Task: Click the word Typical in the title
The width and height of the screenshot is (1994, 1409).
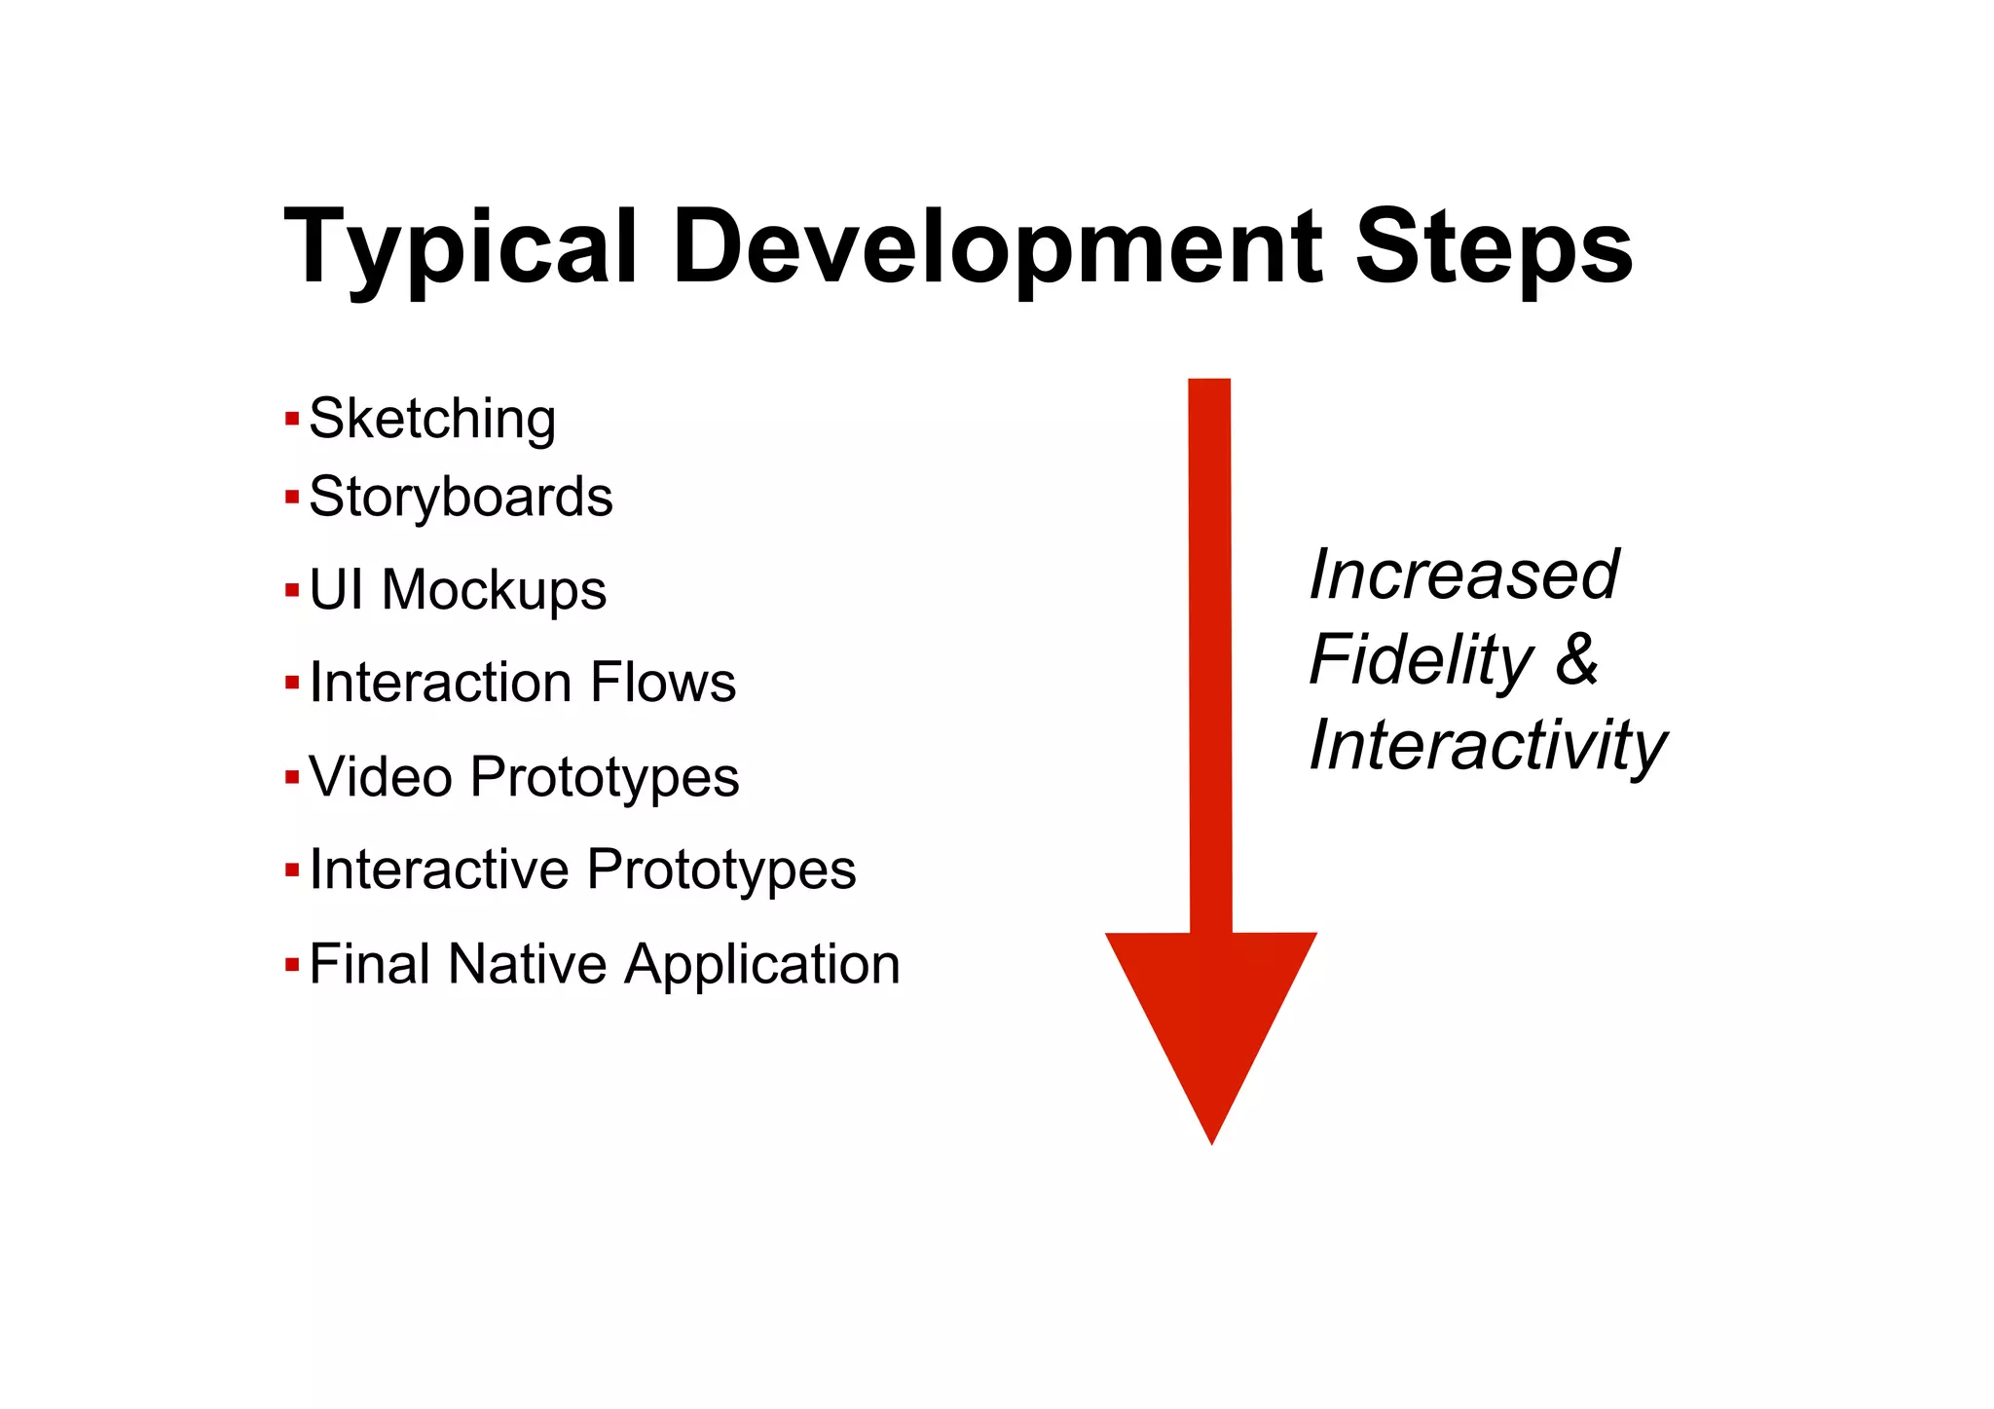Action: [x=460, y=247]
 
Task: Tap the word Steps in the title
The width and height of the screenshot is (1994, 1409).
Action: [x=1494, y=247]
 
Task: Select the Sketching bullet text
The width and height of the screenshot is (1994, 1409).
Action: [x=432, y=420]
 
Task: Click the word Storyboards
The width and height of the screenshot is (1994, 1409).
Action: [x=461, y=498]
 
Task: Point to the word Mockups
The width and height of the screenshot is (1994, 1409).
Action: [x=494, y=591]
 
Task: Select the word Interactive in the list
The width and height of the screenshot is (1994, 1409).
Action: [x=437, y=870]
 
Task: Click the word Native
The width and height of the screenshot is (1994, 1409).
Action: [x=528, y=964]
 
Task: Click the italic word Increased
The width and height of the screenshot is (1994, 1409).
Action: [x=1463, y=575]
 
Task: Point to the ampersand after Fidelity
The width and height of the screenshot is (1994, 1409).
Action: [x=1576, y=660]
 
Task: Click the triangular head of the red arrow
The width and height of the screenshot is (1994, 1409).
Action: [x=1211, y=1013]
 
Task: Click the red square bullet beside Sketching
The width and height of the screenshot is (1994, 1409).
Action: [x=292, y=420]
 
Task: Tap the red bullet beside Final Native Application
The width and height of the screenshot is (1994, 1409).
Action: [x=292, y=965]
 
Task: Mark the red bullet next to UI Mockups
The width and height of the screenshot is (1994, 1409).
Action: [x=292, y=590]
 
